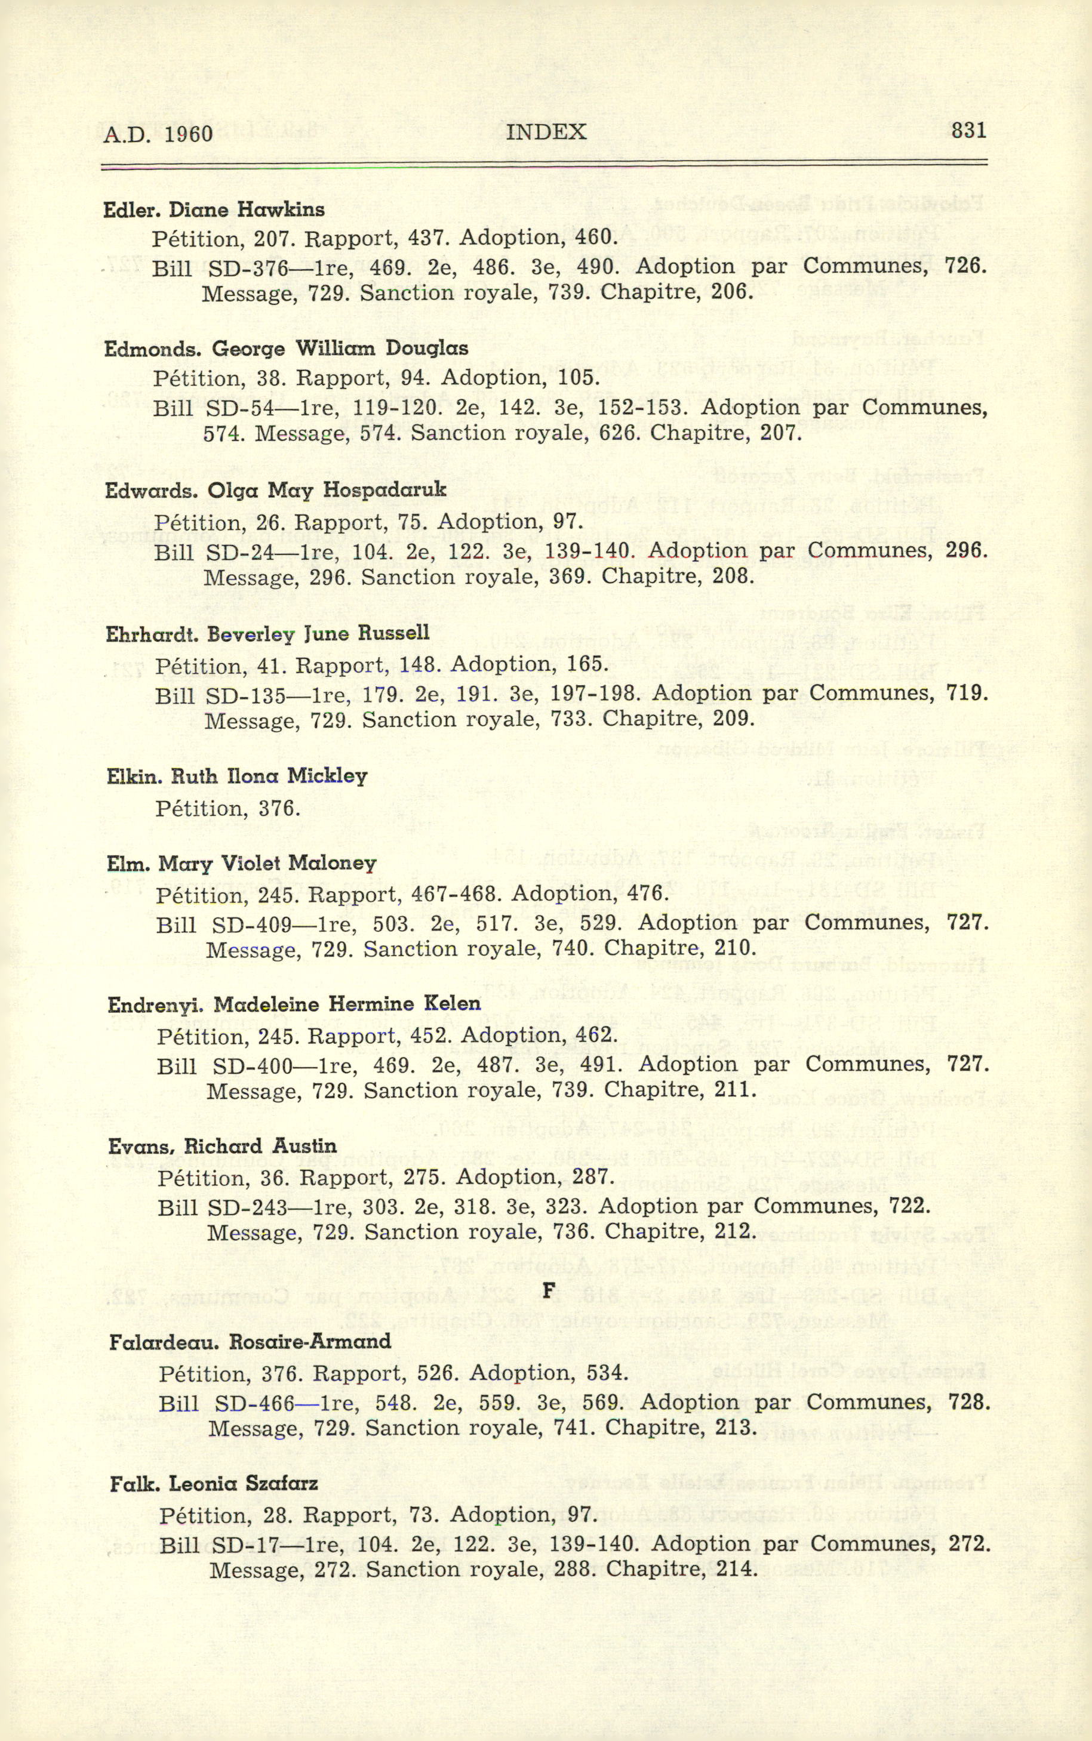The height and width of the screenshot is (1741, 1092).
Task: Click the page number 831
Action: coord(968,131)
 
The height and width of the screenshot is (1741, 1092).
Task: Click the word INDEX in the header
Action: coord(546,132)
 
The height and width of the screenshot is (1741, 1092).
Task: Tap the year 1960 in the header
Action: coord(189,134)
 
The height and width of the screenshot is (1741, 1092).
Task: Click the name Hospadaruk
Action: coord(385,490)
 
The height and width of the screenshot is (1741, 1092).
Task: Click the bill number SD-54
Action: coord(240,408)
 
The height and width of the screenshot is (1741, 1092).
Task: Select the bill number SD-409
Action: coord(252,923)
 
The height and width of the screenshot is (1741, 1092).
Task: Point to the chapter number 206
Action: coord(733,293)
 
